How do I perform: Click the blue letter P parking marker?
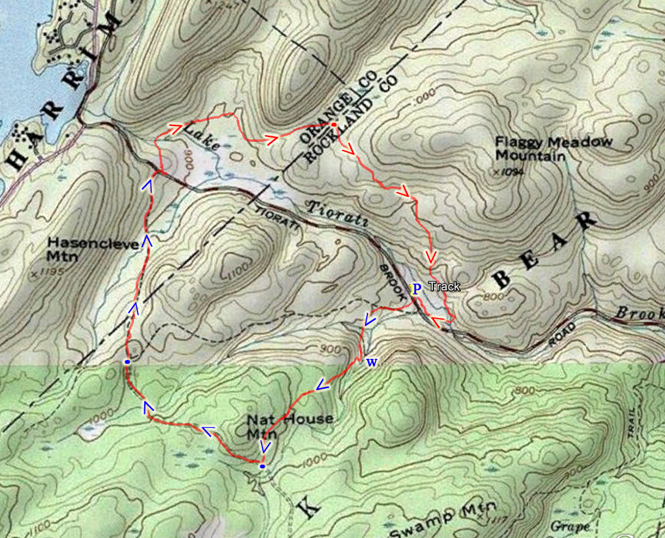tap(416, 289)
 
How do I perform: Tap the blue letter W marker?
tap(371, 363)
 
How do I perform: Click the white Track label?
tap(444, 287)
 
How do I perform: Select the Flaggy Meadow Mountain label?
tap(554, 149)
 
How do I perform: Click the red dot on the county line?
tap(334, 125)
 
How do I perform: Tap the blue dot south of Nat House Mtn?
tap(262, 466)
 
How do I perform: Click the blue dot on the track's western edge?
tap(127, 362)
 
